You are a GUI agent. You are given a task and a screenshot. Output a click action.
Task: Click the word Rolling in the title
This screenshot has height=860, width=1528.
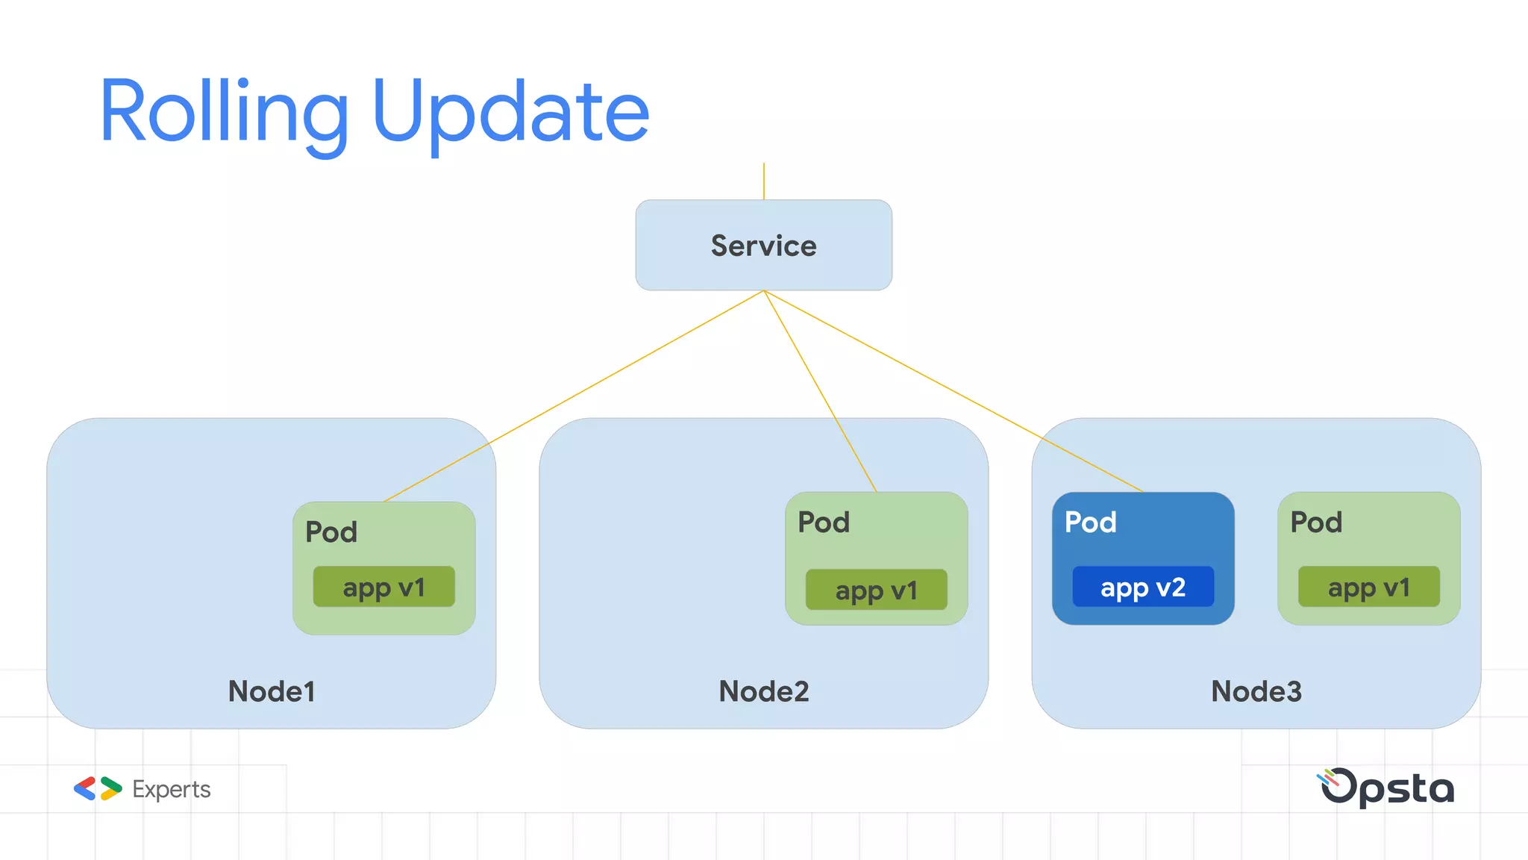pos(224,112)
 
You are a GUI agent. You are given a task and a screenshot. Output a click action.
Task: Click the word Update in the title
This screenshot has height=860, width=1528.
pos(511,112)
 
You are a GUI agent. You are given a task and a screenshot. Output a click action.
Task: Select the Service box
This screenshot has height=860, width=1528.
pos(763,245)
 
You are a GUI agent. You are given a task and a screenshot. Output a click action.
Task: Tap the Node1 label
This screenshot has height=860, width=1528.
pos(272,691)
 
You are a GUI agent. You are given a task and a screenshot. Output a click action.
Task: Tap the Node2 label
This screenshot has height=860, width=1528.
pos(763,691)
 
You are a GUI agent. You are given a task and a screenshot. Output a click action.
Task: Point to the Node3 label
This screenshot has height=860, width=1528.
pos(1256,691)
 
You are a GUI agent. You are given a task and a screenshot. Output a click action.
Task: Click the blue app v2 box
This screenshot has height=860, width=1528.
pos(1142,587)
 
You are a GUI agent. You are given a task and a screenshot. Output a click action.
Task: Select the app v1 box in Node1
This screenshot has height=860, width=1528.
pos(383,587)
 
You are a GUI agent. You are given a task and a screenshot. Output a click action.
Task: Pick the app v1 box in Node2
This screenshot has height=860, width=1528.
pos(876,590)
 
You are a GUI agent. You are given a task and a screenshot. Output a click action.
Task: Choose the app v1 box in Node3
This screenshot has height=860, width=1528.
pos(1368,587)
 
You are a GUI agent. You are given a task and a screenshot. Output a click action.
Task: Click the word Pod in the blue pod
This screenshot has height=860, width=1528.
pos(1090,522)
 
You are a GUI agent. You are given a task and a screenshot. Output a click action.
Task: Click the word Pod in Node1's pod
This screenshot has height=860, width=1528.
pos(331,532)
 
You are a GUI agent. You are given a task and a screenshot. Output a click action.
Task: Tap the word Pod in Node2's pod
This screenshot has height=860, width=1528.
pos(824,522)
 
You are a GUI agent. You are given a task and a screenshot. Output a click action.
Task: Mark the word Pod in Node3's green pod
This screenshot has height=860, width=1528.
pos(1316,522)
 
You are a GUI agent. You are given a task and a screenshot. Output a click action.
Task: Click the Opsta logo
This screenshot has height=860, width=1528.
pos(1386,788)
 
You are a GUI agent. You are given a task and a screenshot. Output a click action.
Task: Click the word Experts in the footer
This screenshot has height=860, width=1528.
pos(171,789)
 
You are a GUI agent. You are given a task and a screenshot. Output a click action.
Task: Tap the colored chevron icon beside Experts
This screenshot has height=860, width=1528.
pos(98,788)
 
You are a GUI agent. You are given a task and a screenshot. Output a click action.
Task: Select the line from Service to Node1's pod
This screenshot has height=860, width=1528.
pos(574,396)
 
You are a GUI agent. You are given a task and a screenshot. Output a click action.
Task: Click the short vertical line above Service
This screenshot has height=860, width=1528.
pos(763,181)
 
